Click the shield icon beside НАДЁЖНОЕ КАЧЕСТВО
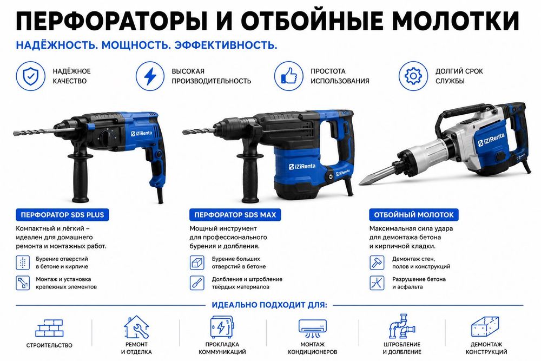coord(30,76)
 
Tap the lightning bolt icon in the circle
coord(150,76)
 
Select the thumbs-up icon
coord(289,76)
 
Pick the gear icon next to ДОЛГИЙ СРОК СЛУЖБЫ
coord(413,76)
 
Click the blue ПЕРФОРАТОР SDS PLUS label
coord(62,215)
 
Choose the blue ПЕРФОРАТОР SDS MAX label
coord(235,215)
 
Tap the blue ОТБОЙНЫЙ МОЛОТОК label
coord(414,215)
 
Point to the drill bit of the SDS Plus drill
coord(34,131)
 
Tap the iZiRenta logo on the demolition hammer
coord(491,140)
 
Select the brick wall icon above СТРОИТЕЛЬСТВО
coord(49,328)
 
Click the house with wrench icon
coord(137,327)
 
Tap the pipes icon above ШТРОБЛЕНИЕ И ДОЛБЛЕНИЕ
coord(402,326)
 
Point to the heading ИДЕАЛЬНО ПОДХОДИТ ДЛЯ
coord(269,305)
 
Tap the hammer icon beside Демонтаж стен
coord(377,262)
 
